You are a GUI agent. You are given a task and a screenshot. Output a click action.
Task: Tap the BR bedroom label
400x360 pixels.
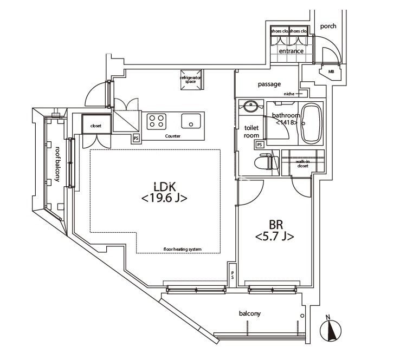tap(274, 231)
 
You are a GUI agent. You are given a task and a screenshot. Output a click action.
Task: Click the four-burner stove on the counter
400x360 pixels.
tap(157, 121)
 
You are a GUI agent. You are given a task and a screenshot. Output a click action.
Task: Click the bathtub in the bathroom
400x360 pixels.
tap(311, 123)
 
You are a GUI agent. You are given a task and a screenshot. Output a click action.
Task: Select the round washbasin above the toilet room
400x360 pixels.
tap(250, 106)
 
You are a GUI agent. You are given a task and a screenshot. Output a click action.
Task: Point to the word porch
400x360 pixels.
tap(328, 26)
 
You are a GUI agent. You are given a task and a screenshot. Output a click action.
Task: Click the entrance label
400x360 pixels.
tap(291, 51)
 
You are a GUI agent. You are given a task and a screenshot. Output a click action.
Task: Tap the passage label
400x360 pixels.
tap(269, 84)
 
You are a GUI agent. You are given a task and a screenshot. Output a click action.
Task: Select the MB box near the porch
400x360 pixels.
tap(331, 71)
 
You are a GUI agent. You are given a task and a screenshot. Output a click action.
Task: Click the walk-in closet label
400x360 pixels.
tap(302, 163)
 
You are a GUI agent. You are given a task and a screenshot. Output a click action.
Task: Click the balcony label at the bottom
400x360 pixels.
tap(250, 313)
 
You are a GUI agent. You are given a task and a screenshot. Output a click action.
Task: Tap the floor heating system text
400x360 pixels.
tap(182, 249)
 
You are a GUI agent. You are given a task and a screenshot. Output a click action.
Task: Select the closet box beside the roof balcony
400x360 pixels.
tap(96, 125)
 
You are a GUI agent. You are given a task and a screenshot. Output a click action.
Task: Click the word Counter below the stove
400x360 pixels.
tap(173, 136)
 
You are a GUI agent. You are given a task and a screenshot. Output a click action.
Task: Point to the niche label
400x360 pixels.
tap(288, 94)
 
